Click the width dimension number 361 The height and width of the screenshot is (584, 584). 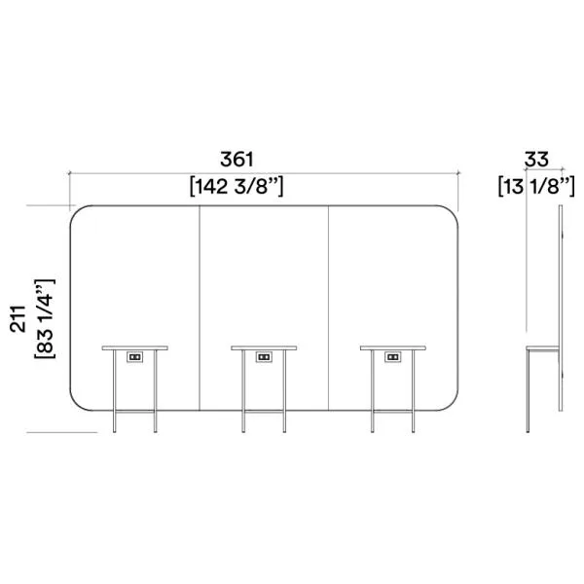pos(237,160)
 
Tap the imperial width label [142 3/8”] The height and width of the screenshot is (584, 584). pos(237,186)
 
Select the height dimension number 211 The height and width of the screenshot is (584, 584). pos(18,319)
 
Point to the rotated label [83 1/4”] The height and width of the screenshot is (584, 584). pos(45,319)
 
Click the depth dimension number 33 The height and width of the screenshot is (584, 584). pos(536,160)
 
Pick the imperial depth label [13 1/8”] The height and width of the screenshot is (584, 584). pos(536,186)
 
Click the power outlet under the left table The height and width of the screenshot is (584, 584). pos(134,357)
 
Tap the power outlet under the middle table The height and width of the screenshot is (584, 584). pos(264,357)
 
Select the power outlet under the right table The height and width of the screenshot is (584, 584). pos(393,357)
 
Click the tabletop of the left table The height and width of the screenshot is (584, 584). pos(135,347)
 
